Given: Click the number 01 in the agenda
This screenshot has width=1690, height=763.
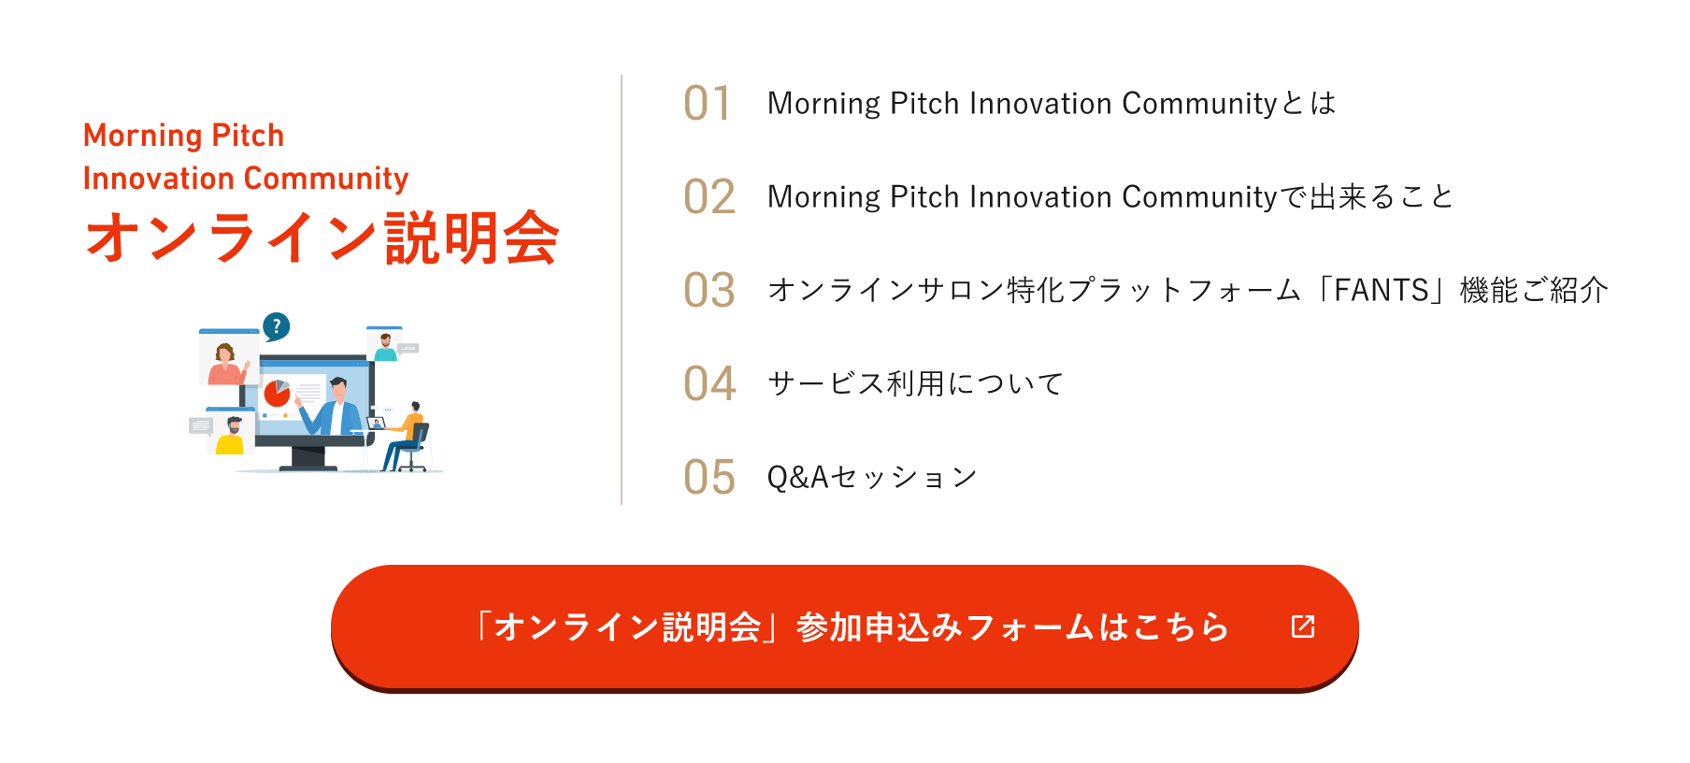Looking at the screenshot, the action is [x=708, y=103].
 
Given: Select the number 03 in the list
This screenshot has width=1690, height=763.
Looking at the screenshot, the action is [x=709, y=290].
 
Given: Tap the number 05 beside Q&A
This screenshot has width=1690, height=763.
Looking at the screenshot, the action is [x=709, y=477].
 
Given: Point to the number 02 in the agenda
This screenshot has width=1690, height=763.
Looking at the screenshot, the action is [x=709, y=196].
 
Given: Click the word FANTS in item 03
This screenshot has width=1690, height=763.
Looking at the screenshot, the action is [x=1382, y=290].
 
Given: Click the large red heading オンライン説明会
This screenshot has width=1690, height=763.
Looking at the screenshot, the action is [x=322, y=238].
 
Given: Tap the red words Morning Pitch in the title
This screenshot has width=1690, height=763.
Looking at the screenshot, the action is [x=183, y=136].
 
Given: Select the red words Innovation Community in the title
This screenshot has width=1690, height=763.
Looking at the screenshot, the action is [x=246, y=178].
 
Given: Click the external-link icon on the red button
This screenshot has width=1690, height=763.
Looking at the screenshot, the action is [x=1303, y=626].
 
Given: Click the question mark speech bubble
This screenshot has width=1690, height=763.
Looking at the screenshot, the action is [x=276, y=327].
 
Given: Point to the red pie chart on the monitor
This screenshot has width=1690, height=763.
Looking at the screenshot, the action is [x=277, y=394].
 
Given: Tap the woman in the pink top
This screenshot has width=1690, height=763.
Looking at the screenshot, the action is [x=225, y=365].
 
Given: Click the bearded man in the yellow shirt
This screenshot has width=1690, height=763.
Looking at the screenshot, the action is [x=231, y=437].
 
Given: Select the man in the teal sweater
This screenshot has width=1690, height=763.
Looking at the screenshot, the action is [x=385, y=347].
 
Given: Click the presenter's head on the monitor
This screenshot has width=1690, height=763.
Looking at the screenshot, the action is [x=337, y=387].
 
